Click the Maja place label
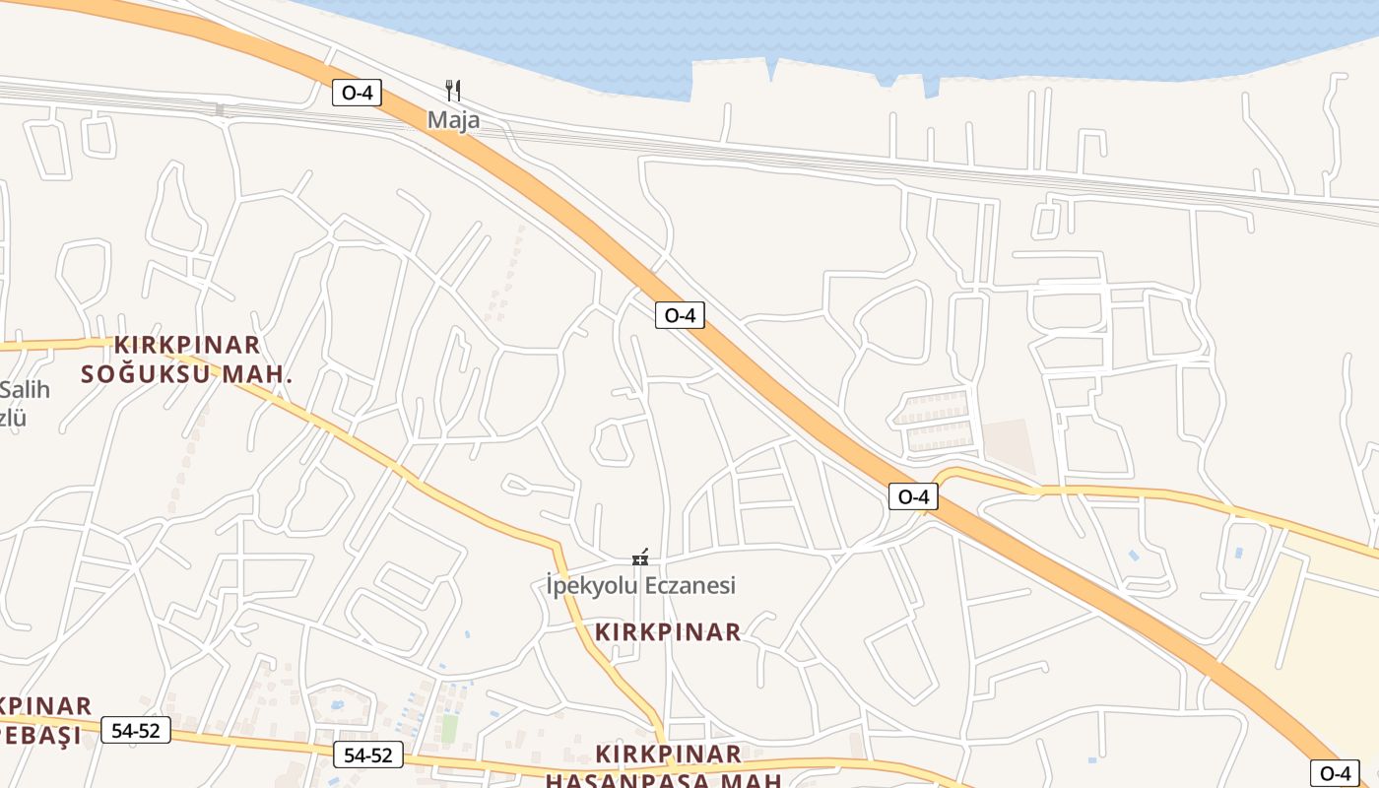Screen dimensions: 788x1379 tap(453, 120)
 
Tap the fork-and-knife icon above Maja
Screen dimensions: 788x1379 tap(453, 91)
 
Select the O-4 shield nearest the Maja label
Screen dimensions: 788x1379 tap(356, 93)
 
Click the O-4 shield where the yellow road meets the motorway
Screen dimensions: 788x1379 tap(913, 496)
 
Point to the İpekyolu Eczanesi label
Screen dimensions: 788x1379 tap(641, 586)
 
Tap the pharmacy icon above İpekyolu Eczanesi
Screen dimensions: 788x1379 tap(640, 558)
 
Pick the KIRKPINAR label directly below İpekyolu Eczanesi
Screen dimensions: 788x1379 tap(669, 632)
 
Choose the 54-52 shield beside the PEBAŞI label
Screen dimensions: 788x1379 tap(136, 731)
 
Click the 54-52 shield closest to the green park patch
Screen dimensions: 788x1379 tap(368, 755)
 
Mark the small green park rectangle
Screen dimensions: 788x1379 tap(449, 728)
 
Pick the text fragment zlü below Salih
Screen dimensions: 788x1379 tap(14, 418)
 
